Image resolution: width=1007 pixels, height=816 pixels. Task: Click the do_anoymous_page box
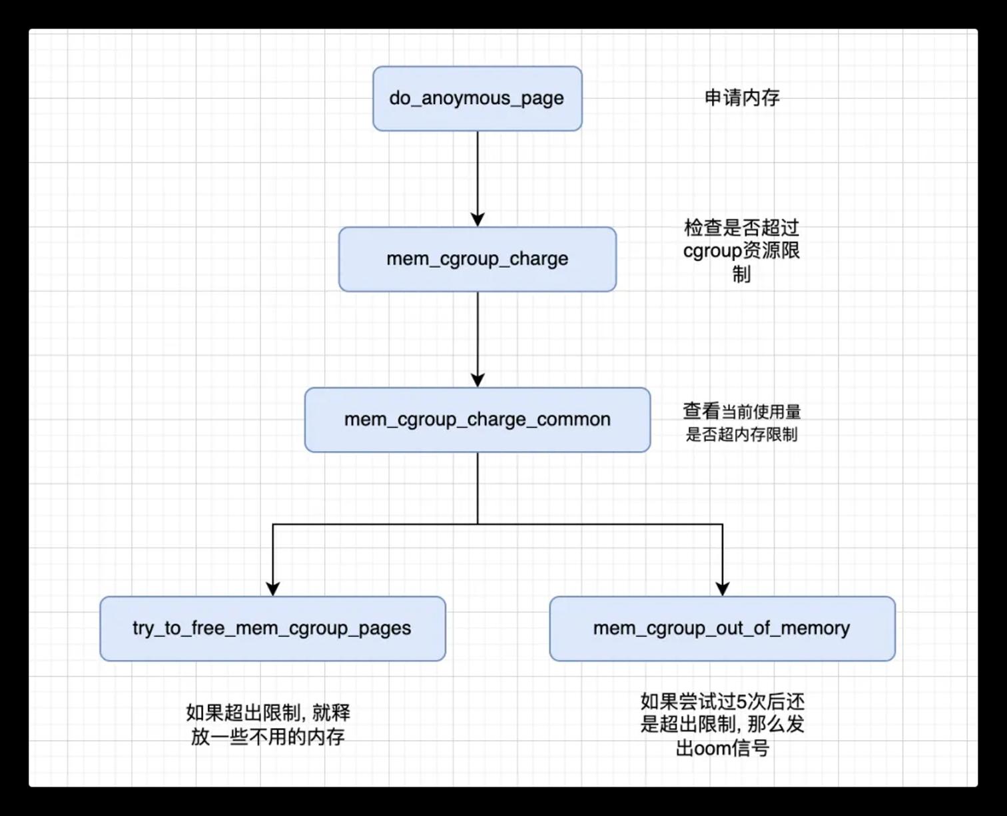[x=477, y=99]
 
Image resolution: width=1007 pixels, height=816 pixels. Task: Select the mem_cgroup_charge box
[x=477, y=259]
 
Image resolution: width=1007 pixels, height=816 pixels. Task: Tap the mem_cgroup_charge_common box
[x=477, y=420]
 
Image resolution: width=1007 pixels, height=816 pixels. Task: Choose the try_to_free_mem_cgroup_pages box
[x=273, y=628]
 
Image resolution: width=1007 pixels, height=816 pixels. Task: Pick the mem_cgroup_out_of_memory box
[x=723, y=628]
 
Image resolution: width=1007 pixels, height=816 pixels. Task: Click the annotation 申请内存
[x=742, y=98]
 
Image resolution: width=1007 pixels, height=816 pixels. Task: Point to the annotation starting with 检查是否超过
[x=741, y=250]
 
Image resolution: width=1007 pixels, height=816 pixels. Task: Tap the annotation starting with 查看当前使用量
[x=742, y=423]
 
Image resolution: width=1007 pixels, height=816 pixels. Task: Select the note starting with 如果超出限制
[x=268, y=725]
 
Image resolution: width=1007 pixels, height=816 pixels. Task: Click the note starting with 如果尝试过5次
[x=723, y=725]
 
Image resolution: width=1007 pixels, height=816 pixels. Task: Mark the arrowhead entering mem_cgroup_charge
[x=478, y=220]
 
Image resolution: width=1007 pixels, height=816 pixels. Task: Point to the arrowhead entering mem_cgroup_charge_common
[x=478, y=380]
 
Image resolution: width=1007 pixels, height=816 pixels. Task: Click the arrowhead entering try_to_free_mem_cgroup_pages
[x=273, y=589]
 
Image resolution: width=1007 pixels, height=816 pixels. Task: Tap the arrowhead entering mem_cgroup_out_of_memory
[x=723, y=589]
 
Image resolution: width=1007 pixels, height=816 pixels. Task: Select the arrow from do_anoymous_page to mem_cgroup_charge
[x=478, y=179]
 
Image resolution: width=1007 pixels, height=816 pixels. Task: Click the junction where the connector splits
[x=478, y=524]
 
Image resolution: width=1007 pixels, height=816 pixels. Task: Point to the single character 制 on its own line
[x=741, y=274]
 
